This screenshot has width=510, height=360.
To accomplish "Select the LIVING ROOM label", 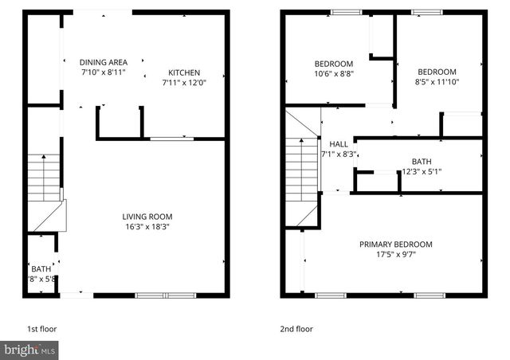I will click(147, 216).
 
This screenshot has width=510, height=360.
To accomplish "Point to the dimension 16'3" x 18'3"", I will click(147, 226).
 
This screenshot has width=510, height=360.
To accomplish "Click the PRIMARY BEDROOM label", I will click(395, 245).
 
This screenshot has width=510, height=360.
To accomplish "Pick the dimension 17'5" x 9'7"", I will click(395, 255).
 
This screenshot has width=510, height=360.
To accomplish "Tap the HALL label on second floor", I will click(339, 143).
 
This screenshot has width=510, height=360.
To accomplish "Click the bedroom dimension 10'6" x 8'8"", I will click(333, 73).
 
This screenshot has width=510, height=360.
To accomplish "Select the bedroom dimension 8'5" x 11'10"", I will click(437, 81).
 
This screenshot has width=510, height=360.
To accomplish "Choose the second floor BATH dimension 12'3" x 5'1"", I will click(421, 170).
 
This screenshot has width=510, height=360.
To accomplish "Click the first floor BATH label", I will click(41, 269).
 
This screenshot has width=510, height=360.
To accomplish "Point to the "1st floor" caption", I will click(41, 328).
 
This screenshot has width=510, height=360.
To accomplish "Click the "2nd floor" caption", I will click(297, 328).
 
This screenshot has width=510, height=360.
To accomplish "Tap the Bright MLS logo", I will click(29, 350).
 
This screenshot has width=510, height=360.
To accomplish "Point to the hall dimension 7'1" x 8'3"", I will click(338, 154).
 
